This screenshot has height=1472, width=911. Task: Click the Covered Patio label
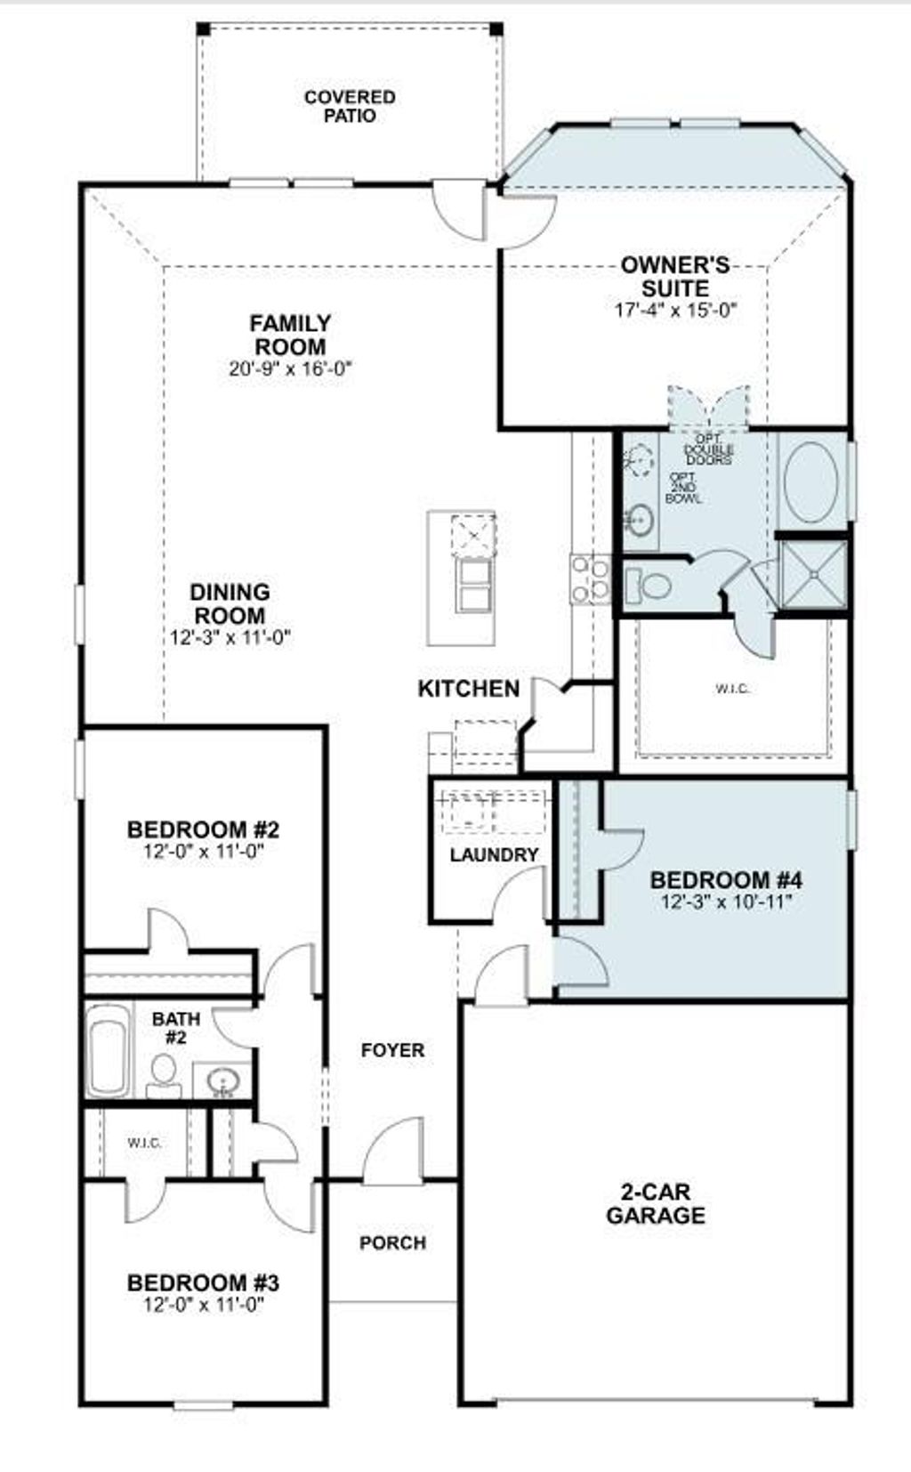350,106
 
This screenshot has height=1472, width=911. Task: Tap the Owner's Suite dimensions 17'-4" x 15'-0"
676,311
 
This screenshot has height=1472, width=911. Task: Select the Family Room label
290,335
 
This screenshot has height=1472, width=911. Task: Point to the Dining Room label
230,603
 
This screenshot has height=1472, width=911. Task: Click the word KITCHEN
469,688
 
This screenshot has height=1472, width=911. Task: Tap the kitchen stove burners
591,578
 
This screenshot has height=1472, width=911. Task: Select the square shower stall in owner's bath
812,575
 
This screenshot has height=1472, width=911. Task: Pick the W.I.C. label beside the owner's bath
733,688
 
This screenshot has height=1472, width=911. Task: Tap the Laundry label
494,855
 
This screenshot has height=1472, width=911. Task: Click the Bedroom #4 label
726,880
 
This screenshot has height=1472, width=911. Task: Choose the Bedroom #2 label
204,829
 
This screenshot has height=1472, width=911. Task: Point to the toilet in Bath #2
164,1073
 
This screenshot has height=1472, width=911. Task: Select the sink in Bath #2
222,1081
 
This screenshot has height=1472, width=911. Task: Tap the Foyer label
392,1050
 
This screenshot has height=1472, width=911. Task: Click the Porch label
392,1242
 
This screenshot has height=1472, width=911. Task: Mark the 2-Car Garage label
656,1203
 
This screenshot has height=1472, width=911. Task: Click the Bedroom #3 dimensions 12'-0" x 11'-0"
204,1305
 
